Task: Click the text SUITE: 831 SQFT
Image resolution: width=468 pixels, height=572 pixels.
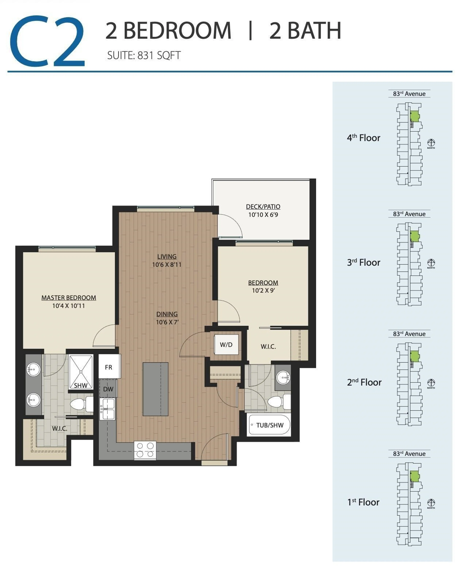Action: click(144, 56)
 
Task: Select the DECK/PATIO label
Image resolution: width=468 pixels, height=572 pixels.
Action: click(263, 207)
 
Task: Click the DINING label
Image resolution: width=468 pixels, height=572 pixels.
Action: click(167, 314)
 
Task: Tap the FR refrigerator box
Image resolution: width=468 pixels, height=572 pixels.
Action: click(109, 367)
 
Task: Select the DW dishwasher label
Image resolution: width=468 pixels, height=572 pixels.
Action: click(108, 389)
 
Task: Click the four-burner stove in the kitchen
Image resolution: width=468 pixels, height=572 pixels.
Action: click(145, 450)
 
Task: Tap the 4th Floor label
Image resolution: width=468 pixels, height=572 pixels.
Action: click(363, 138)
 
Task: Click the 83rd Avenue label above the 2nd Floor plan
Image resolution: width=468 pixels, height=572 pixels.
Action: click(409, 334)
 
